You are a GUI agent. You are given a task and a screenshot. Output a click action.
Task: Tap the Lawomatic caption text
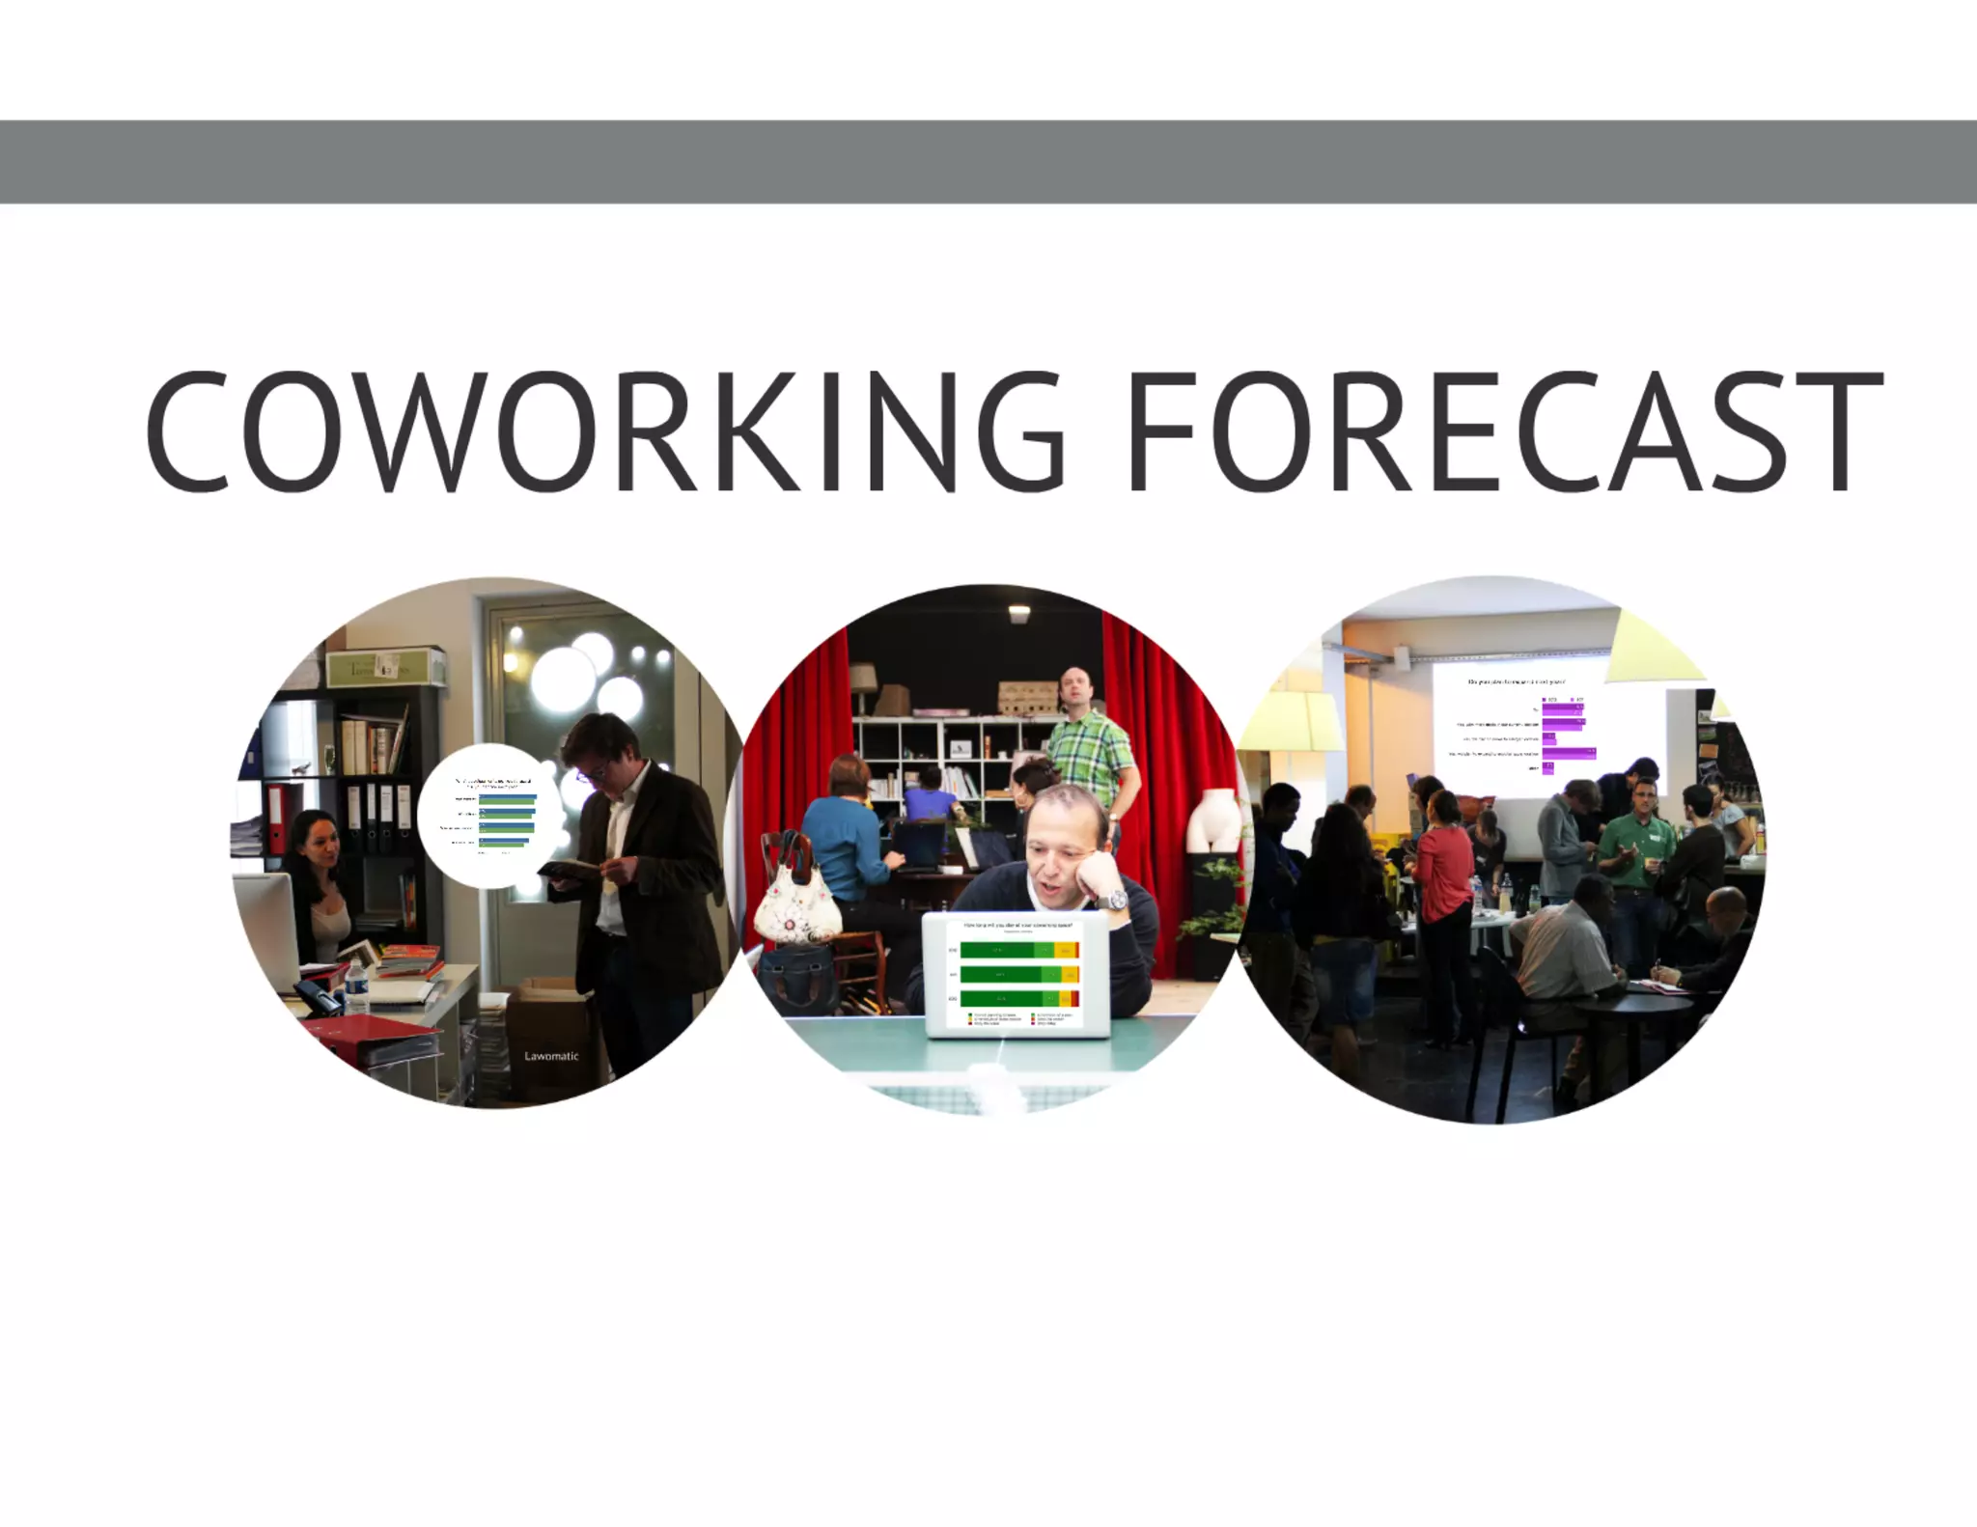[551, 1056]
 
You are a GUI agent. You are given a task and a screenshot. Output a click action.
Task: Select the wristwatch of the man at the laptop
[1117, 901]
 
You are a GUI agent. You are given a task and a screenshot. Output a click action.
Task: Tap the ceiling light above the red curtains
[1019, 613]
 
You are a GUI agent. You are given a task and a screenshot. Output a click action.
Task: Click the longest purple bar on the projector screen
[1569, 752]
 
